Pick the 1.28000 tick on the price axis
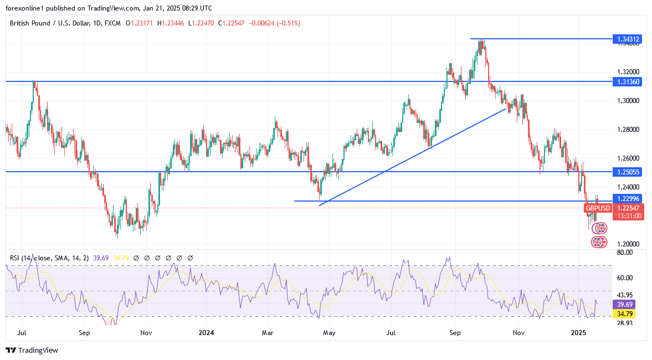tap(628, 130)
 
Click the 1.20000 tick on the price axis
tap(628, 244)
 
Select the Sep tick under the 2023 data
tap(84, 333)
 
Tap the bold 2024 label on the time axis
tap(206, 333)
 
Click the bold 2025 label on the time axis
tap(578, 333)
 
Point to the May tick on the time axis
tap(330, 333)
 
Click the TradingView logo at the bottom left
tap(32, 350)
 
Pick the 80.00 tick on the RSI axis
tap(625, 253)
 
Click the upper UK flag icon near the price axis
tap(600, 228)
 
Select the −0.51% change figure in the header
tap(290, 23)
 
